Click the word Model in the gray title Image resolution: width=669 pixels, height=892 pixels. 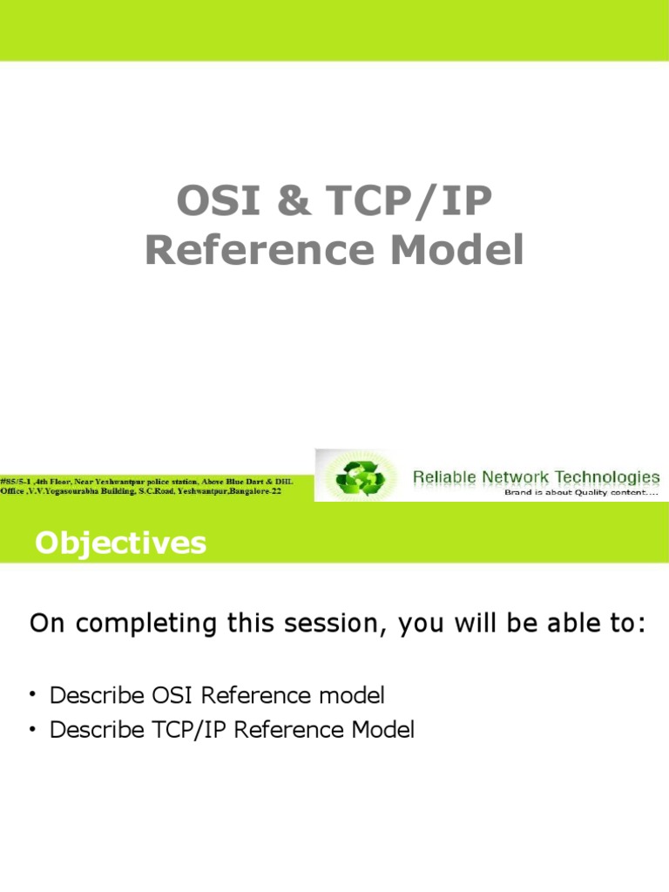coord(456,250)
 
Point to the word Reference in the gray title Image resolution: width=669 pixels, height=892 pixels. coord(260,250)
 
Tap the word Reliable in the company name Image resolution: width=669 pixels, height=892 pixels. coord(444,476)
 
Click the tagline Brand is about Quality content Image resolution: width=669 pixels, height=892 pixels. coord(581,493)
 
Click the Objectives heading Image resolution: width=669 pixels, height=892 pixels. coord(120,543)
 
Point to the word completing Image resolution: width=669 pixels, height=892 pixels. coord(146,624)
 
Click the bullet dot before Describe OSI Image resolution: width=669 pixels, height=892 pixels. coord(33,694)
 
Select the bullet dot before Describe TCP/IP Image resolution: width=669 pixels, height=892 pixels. coord(33,729)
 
